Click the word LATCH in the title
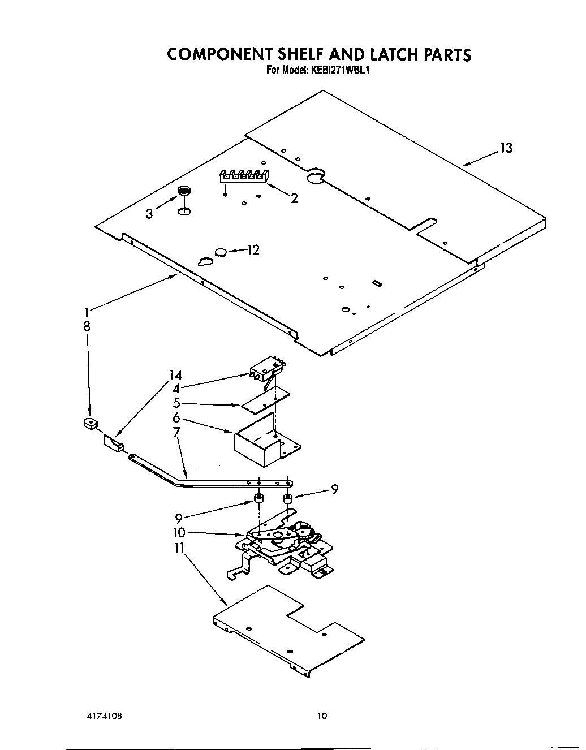point(387,54)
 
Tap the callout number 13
point(506,148)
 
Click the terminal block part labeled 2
point(244,176)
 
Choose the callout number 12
point(253,249)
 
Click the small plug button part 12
point(220,252)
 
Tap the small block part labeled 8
point(89,423)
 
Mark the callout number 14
point(176,374)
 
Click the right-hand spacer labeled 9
point(287,498)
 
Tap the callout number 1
point(87,311)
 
